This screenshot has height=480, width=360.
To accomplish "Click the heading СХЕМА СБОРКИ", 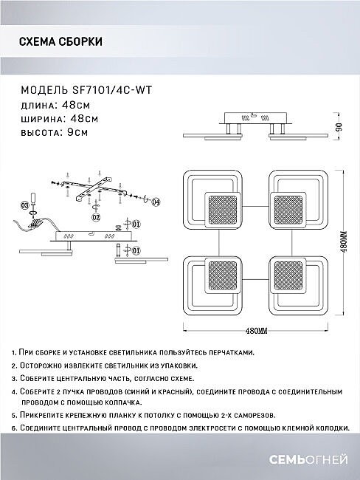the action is pyautogui.click(x=60, y=41).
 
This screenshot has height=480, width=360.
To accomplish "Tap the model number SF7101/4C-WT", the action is pyautogui.click(x=112, y=90).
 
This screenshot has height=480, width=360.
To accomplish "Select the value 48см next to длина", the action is pyautogui.click(x=76, y=105).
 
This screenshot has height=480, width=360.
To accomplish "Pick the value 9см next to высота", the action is pyautogui.click(x=73, y=132).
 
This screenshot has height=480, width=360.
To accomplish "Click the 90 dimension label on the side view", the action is pyautogui.click(x=339, y=126).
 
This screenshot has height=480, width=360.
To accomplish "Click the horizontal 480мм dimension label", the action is pyautogui.click(x=256, y=331).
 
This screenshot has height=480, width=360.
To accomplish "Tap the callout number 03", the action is pyautogui.click(x=25, y=205).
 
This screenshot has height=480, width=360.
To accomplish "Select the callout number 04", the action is pyautogui.click(x=156, y=202).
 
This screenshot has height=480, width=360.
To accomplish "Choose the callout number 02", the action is pyautogui.click(x=96, y=217).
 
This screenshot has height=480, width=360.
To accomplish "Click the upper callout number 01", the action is pyautogui.click(x=136, y=224).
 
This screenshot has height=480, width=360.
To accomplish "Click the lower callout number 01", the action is pyautogui.click(x=136, y=251).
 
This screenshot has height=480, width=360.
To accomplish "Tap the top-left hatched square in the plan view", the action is pyautogui.click(x=222, y=210).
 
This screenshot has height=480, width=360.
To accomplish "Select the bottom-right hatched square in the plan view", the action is pyautogui.click(x=288, y=275).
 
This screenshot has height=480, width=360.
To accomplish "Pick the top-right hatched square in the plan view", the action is pyautogui.click(x=288, y=210).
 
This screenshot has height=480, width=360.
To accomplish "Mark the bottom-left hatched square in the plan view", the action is pyautogui.click(x=222, y=275).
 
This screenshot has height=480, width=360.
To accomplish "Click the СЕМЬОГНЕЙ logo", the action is pyautogui.click(x=308, y=460).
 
